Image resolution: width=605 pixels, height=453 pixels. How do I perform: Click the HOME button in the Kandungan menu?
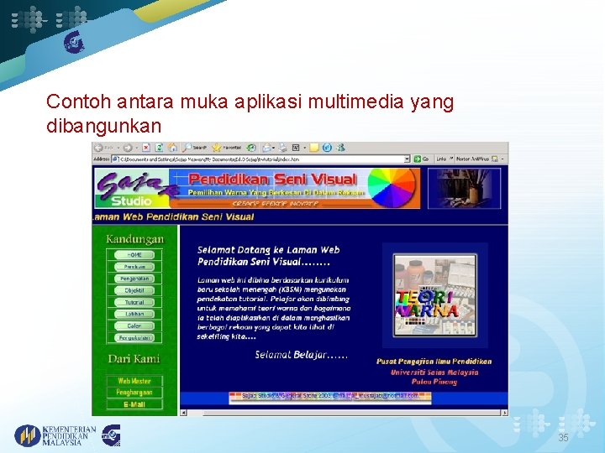tap(134, 254)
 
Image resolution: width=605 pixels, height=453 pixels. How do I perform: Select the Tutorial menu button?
tap(134, 302)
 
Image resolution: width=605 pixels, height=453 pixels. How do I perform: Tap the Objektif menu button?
tap(134, 290)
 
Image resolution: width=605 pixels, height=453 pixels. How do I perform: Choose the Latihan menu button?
tap(134, 314)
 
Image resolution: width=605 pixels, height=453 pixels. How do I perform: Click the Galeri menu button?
tap(134, 325)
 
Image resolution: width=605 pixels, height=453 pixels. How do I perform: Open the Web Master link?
tap(134, 381)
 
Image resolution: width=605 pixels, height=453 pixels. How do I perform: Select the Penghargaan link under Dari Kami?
tap(134, 393)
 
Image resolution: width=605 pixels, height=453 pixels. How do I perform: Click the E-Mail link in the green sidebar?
tap(134, 404)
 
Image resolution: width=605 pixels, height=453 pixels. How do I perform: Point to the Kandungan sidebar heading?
tap(134, 238)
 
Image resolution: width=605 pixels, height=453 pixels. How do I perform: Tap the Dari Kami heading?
tap(134, 359)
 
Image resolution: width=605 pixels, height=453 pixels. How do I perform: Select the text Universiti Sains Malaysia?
tap(434, 372)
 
